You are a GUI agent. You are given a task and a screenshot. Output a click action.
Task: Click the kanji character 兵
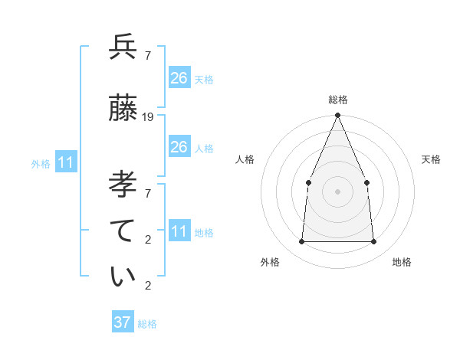tap(123, 47)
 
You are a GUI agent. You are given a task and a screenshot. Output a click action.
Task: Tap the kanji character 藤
tap(123, 109)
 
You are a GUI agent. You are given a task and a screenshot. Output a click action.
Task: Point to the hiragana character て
tap(123, 229)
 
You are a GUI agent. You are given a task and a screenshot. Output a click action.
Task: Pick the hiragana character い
tap(123, 277)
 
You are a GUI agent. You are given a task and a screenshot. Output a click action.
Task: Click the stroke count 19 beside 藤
tap(148, 117)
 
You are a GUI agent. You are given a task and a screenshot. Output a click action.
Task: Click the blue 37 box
tap(123, 322)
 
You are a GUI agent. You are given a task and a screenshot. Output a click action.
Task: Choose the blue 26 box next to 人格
tap(179, 147)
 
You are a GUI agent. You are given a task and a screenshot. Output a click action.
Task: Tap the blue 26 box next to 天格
tap(179, 77)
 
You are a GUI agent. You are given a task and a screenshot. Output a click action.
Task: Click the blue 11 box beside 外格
tap(65, 162)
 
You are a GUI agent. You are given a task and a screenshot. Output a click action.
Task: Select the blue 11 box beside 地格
tap(179, 231)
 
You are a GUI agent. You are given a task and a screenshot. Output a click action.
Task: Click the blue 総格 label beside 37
tap(147, 324)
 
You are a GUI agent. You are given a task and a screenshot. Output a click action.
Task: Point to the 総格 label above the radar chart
tap(337, 100)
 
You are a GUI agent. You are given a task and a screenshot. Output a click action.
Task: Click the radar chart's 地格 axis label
tap(402, 262)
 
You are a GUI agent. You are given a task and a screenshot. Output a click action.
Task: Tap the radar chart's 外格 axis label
tap(270, 262)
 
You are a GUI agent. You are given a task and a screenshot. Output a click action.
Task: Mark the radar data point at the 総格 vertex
tap(337, 116)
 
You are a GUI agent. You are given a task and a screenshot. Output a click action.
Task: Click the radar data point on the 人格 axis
tap(308, 182)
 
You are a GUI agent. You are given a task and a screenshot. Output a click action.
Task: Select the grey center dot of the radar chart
tap(337, 191)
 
